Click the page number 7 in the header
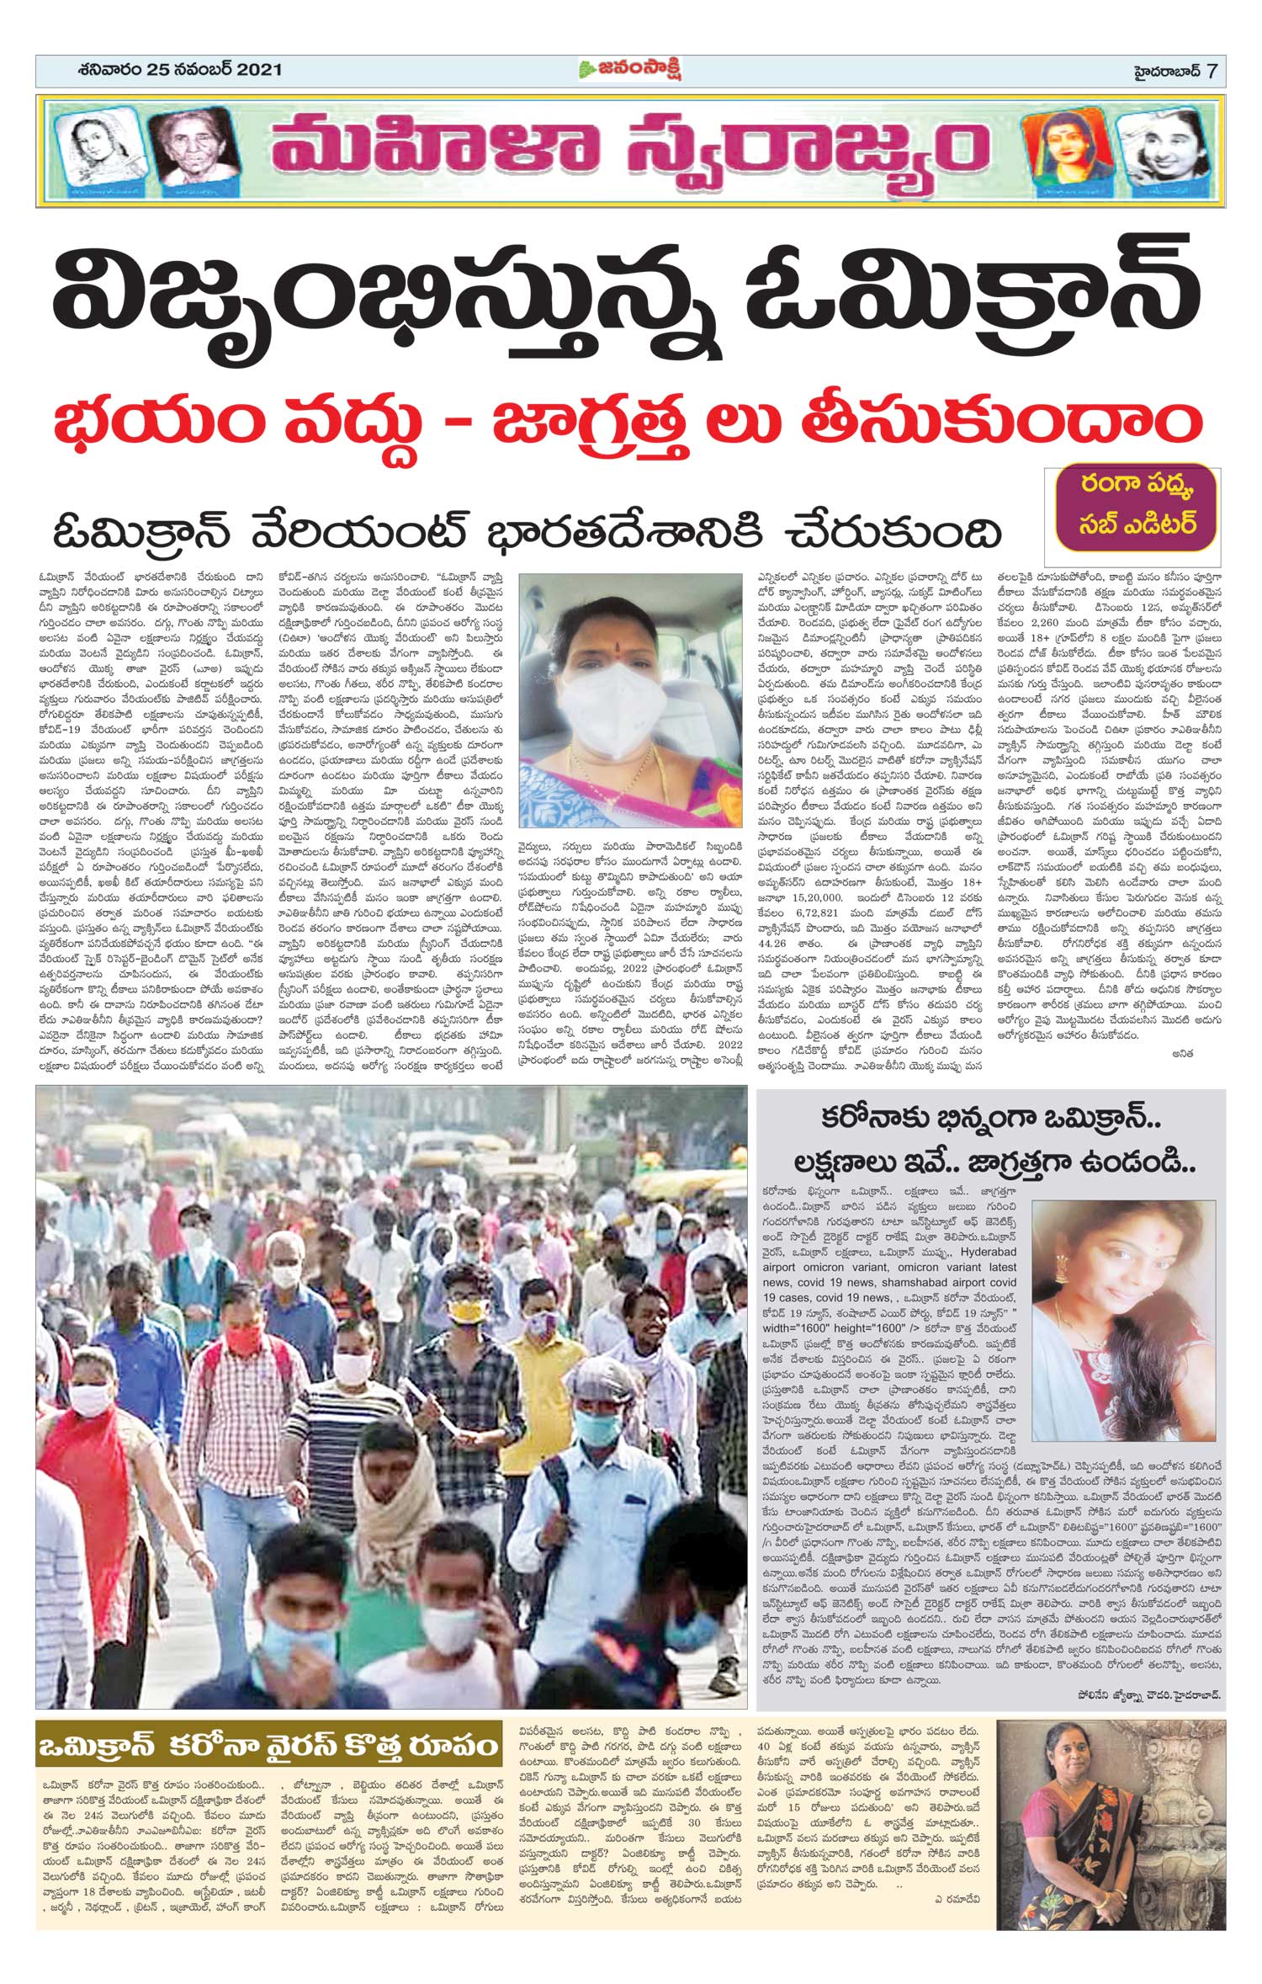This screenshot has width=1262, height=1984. coord(1212,71)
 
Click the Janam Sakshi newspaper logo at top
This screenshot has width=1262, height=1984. coord(630,70)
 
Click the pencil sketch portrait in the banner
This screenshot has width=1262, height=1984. coord(92,150)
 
